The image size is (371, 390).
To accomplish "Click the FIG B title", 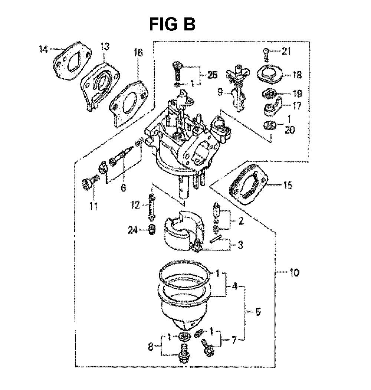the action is coord(172,24).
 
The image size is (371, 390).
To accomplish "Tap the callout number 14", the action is coord(43,49).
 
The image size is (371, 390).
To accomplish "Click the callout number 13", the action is coord(105,46).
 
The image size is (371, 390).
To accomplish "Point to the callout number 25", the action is coord(212,75).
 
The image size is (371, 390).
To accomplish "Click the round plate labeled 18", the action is coord(270,73).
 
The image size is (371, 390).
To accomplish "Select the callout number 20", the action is coord(289,130).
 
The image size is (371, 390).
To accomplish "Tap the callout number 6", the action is coord(123,188).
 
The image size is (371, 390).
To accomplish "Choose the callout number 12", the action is coord(135,205).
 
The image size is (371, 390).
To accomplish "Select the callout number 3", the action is coord(240,245).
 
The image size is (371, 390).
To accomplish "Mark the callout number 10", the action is coord(294,273).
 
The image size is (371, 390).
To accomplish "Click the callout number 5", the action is coord(258,311).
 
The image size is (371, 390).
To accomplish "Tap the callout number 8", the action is coord(151,347).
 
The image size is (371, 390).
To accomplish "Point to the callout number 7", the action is coord(234,341).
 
